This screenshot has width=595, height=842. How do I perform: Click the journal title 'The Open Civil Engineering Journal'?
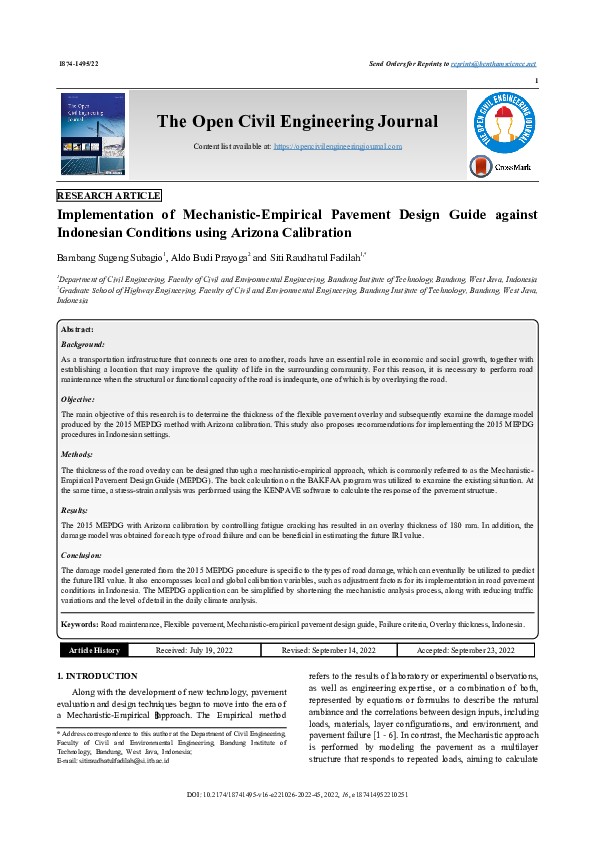[297, 122]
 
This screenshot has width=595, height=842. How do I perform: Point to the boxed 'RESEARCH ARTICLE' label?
[109, 196]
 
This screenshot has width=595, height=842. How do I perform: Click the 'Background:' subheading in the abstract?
[83, 343]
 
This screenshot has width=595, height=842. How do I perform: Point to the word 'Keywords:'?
[80, 623]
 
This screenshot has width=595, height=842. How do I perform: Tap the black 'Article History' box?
[94, 650]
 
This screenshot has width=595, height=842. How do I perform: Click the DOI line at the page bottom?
[297, 795]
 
